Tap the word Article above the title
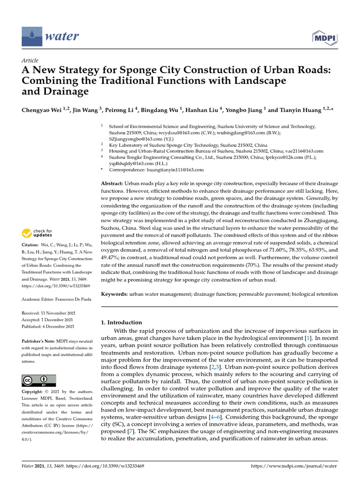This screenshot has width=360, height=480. pyautogui.click(x=30, y=60)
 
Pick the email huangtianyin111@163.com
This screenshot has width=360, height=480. pyautogui.click(x=176, y=170)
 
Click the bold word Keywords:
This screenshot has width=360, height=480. pyautogui.click(x=114, y=294)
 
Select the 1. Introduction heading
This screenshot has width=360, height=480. pyautogui.click(x=121, y=322)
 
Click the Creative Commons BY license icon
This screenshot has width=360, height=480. pyautogui.click(x=39, y=380)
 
